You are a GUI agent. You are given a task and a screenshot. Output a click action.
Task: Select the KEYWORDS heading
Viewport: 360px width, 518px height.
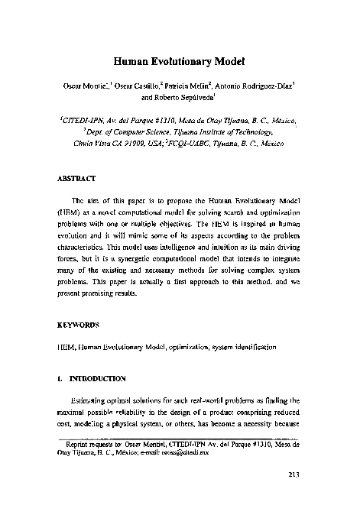pos(79,325)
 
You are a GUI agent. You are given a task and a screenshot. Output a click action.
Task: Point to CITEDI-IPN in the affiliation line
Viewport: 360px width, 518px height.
pos(81,121)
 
